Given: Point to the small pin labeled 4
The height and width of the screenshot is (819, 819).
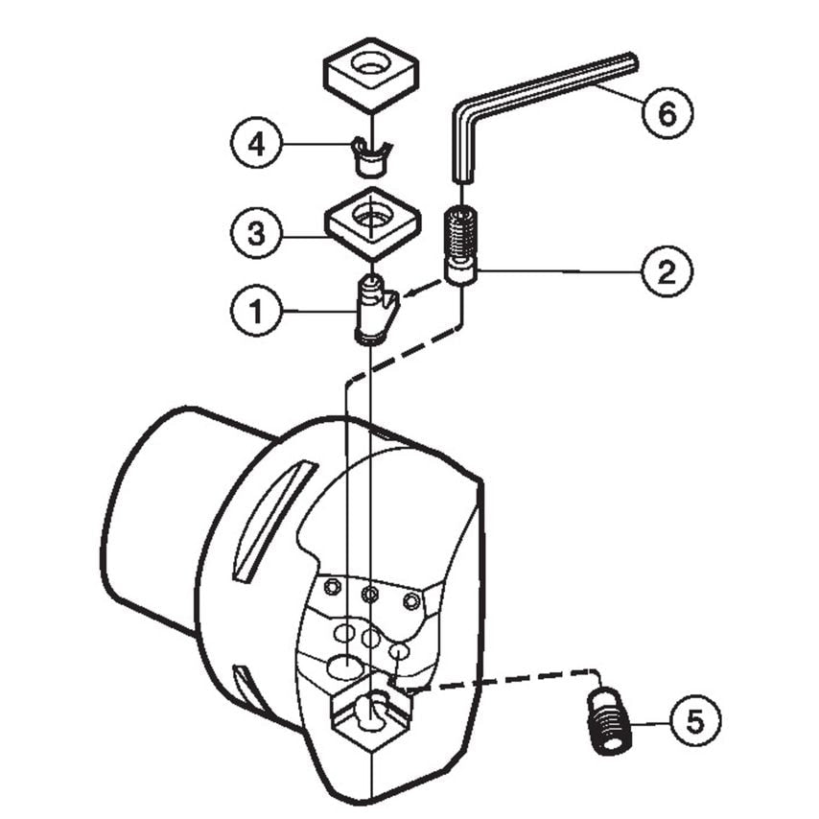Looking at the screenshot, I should (x=370, y=155).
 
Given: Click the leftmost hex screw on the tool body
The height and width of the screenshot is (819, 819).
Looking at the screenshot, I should (x=332, y=586).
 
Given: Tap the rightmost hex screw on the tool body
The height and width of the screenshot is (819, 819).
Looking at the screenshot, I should (x=410, y=601).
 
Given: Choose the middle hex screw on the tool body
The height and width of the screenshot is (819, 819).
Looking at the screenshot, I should (x=368, y=595).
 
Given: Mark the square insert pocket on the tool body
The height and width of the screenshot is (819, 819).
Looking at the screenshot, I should (x=370, y=719).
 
